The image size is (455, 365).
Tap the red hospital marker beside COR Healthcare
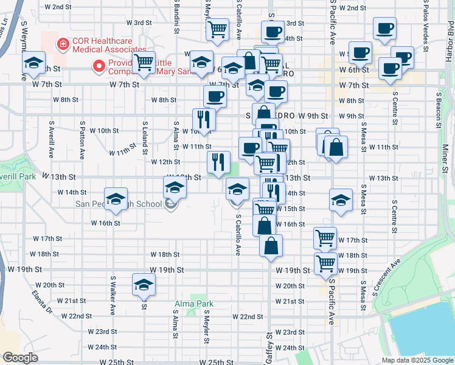61,43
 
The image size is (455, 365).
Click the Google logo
20,358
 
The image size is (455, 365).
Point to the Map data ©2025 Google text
416,360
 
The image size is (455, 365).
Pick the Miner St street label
445,158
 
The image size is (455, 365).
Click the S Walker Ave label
113,297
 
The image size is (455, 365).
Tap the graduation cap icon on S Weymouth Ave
33,61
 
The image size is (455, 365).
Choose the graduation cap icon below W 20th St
144,283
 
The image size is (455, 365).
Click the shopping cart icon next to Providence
144,62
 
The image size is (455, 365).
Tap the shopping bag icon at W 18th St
271,246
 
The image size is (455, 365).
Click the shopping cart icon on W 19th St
326,263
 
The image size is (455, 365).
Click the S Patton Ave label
82,139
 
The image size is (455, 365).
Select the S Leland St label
144,131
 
